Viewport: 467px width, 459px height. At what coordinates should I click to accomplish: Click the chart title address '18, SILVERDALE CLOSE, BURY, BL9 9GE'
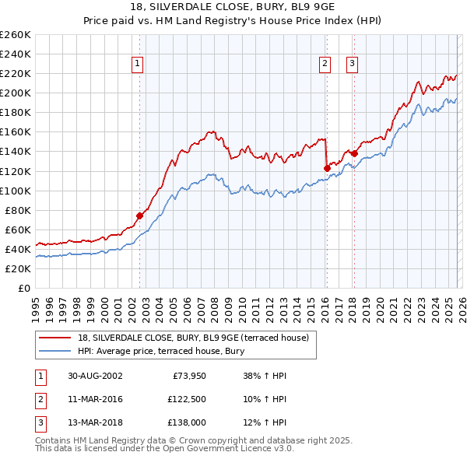click(x=233, y=7)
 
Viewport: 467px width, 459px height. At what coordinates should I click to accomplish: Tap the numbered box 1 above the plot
click(x=138, y=64)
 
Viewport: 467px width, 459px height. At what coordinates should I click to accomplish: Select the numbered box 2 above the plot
click(x=325, y=64)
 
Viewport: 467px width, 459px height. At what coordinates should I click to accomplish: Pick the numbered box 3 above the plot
click(x=352, y=64)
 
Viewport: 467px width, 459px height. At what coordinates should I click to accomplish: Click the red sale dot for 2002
click(x=140, y=215)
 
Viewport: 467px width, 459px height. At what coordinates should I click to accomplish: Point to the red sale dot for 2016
click(x=327, y=167)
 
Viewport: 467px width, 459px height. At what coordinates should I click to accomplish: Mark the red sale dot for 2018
click(x=354, y=152)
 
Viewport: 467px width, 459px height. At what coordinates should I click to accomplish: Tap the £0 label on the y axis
click(x=23, y=288)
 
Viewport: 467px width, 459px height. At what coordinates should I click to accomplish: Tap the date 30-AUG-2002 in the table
click(x=95, y=376)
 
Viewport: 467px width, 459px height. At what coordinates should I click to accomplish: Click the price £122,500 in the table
click(x=184, y=399)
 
